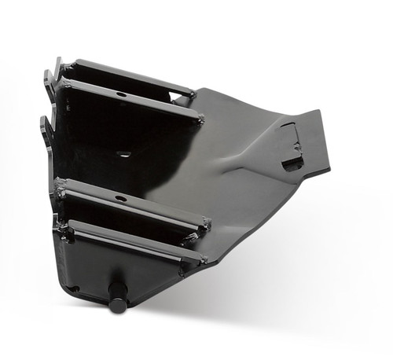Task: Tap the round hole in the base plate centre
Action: click(x=124, y=153)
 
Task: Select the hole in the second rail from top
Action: click(x=121, y=94)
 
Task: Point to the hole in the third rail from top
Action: click(x=121, y=198)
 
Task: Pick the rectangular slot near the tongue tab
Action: click(x=292, y=163)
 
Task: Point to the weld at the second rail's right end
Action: click(x=199, y=119)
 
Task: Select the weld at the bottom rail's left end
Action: click(x=63, y=228)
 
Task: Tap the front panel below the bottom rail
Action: click(x=102, y=267)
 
